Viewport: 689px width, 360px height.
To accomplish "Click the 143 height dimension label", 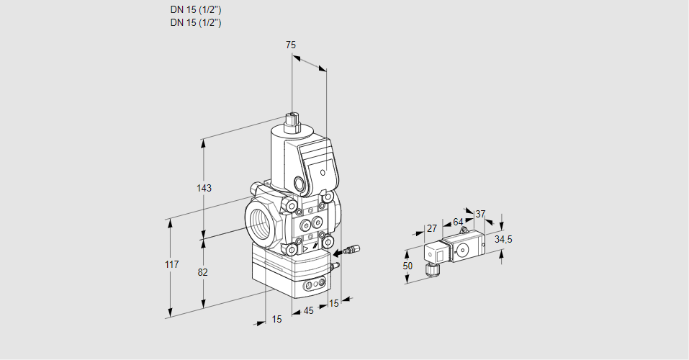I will click(x=204, y=188).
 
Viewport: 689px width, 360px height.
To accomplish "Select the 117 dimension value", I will click(x=171, y=265).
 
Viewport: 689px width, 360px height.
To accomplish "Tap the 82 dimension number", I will click(x=203, y=272).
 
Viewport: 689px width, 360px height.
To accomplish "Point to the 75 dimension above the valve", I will click(x=290, y=45).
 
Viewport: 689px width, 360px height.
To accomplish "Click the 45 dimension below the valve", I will click(x=308, y=310).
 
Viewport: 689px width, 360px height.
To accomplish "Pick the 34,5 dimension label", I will click(x=503, y=239).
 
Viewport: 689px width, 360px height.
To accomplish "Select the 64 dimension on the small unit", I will click(x=458, y=222).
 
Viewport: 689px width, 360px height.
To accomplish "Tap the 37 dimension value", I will click(x=480, y=214).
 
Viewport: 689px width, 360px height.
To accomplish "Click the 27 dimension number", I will click(x=431, y=228).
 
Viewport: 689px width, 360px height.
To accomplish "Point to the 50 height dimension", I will click(x=407, y=266).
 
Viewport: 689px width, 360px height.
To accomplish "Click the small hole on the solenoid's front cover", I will click(x=323, y=174).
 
